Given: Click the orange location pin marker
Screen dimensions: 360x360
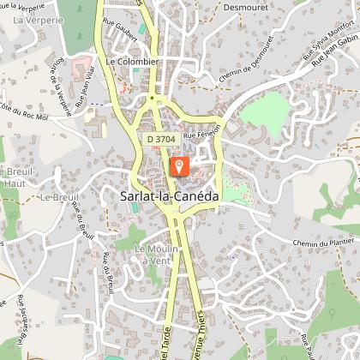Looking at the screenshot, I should coord(180,165).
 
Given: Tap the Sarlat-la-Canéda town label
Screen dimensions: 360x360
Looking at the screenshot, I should coord(165,196).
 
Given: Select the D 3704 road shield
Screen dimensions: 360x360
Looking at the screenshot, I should coord(159,137).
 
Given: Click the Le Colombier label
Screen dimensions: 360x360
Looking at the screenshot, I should coord(133,62).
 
